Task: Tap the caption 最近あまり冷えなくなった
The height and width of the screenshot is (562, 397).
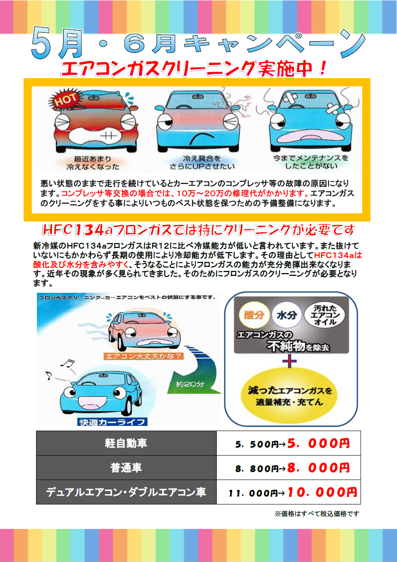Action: [x=93, y=163]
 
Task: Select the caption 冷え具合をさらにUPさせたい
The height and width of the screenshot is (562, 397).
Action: [x=202, y=162]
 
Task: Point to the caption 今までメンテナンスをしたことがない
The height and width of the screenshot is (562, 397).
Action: [x=311, y=162]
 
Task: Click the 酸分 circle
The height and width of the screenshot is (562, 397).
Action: [x=254, y=315]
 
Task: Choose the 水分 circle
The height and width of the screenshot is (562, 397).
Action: [x=287, y=315]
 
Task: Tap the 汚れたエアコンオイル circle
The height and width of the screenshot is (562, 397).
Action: [x=324, y=315]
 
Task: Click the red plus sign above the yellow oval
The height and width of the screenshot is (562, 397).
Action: [x=289, y=361]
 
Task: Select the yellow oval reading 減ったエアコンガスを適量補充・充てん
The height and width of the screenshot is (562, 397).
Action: [x=290, y=396]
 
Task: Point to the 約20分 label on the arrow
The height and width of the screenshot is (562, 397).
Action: [x=190, y=384]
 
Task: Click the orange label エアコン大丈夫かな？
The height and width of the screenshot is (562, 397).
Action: [x=143, y=356]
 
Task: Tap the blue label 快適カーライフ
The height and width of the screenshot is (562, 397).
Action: [x=112, y=422]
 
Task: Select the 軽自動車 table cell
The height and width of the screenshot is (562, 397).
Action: [x=126, y=443]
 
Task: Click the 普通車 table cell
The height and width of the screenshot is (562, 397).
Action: [x=126, y=468]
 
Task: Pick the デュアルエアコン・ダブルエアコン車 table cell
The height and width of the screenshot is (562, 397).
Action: [x=126, y=492]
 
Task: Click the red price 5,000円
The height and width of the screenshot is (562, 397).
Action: [x=318, y=444]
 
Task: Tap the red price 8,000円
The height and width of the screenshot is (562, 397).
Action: [x=318, y=468]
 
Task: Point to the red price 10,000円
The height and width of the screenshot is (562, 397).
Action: [x=322, y=492]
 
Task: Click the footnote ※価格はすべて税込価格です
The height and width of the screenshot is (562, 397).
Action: [x=317, y=514]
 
